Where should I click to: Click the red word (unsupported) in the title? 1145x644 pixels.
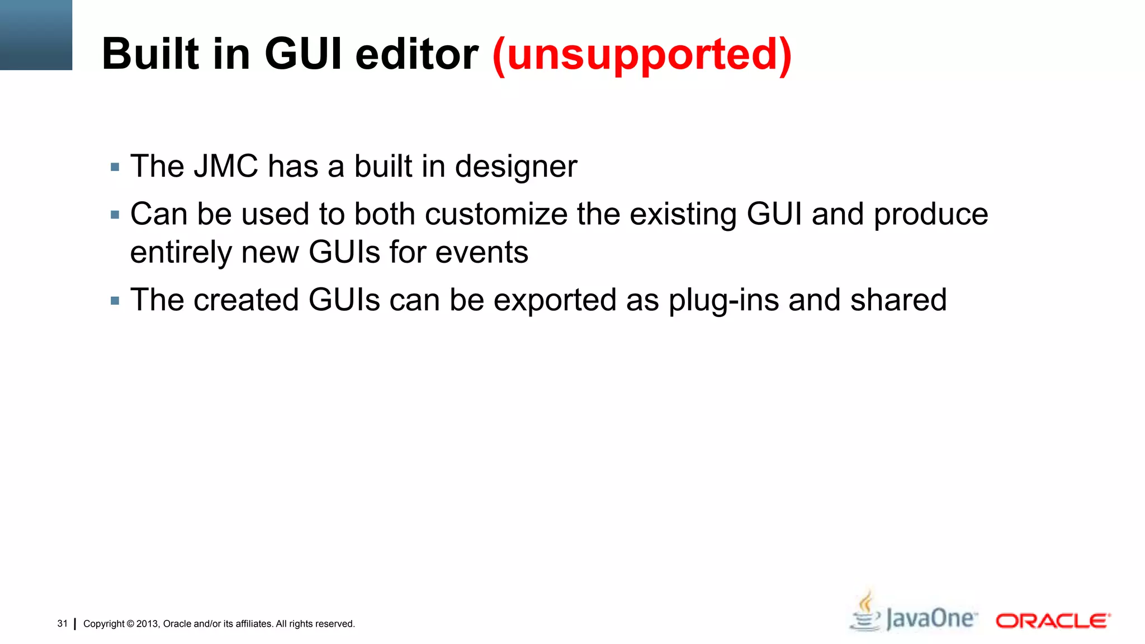[x=642, y=55]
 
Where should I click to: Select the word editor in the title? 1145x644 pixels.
[x=417, y=54]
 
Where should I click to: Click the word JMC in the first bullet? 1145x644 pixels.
[x=226, y=167]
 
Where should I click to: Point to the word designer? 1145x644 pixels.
[x=516, y=167]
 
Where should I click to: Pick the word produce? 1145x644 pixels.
[x=931, y=215]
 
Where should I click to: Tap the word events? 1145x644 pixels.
[x=481, y=253]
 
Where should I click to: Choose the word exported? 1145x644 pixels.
[x=555, y=301]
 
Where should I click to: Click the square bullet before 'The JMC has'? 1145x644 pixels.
[x=115, y=167]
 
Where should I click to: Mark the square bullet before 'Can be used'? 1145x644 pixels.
[x=115, y=215]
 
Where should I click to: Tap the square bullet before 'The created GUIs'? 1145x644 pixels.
[x=115, y=301]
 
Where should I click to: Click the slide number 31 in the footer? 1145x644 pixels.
[x=62, y=623]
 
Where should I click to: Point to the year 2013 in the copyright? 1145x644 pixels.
[x=148, y=624]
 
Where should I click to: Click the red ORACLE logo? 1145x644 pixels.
[x=1053, y=621]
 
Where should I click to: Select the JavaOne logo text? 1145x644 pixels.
[x=931, y=619]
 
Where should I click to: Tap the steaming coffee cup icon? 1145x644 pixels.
[x=865, y=612]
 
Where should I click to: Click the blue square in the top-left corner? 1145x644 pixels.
[x=36, y=35]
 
